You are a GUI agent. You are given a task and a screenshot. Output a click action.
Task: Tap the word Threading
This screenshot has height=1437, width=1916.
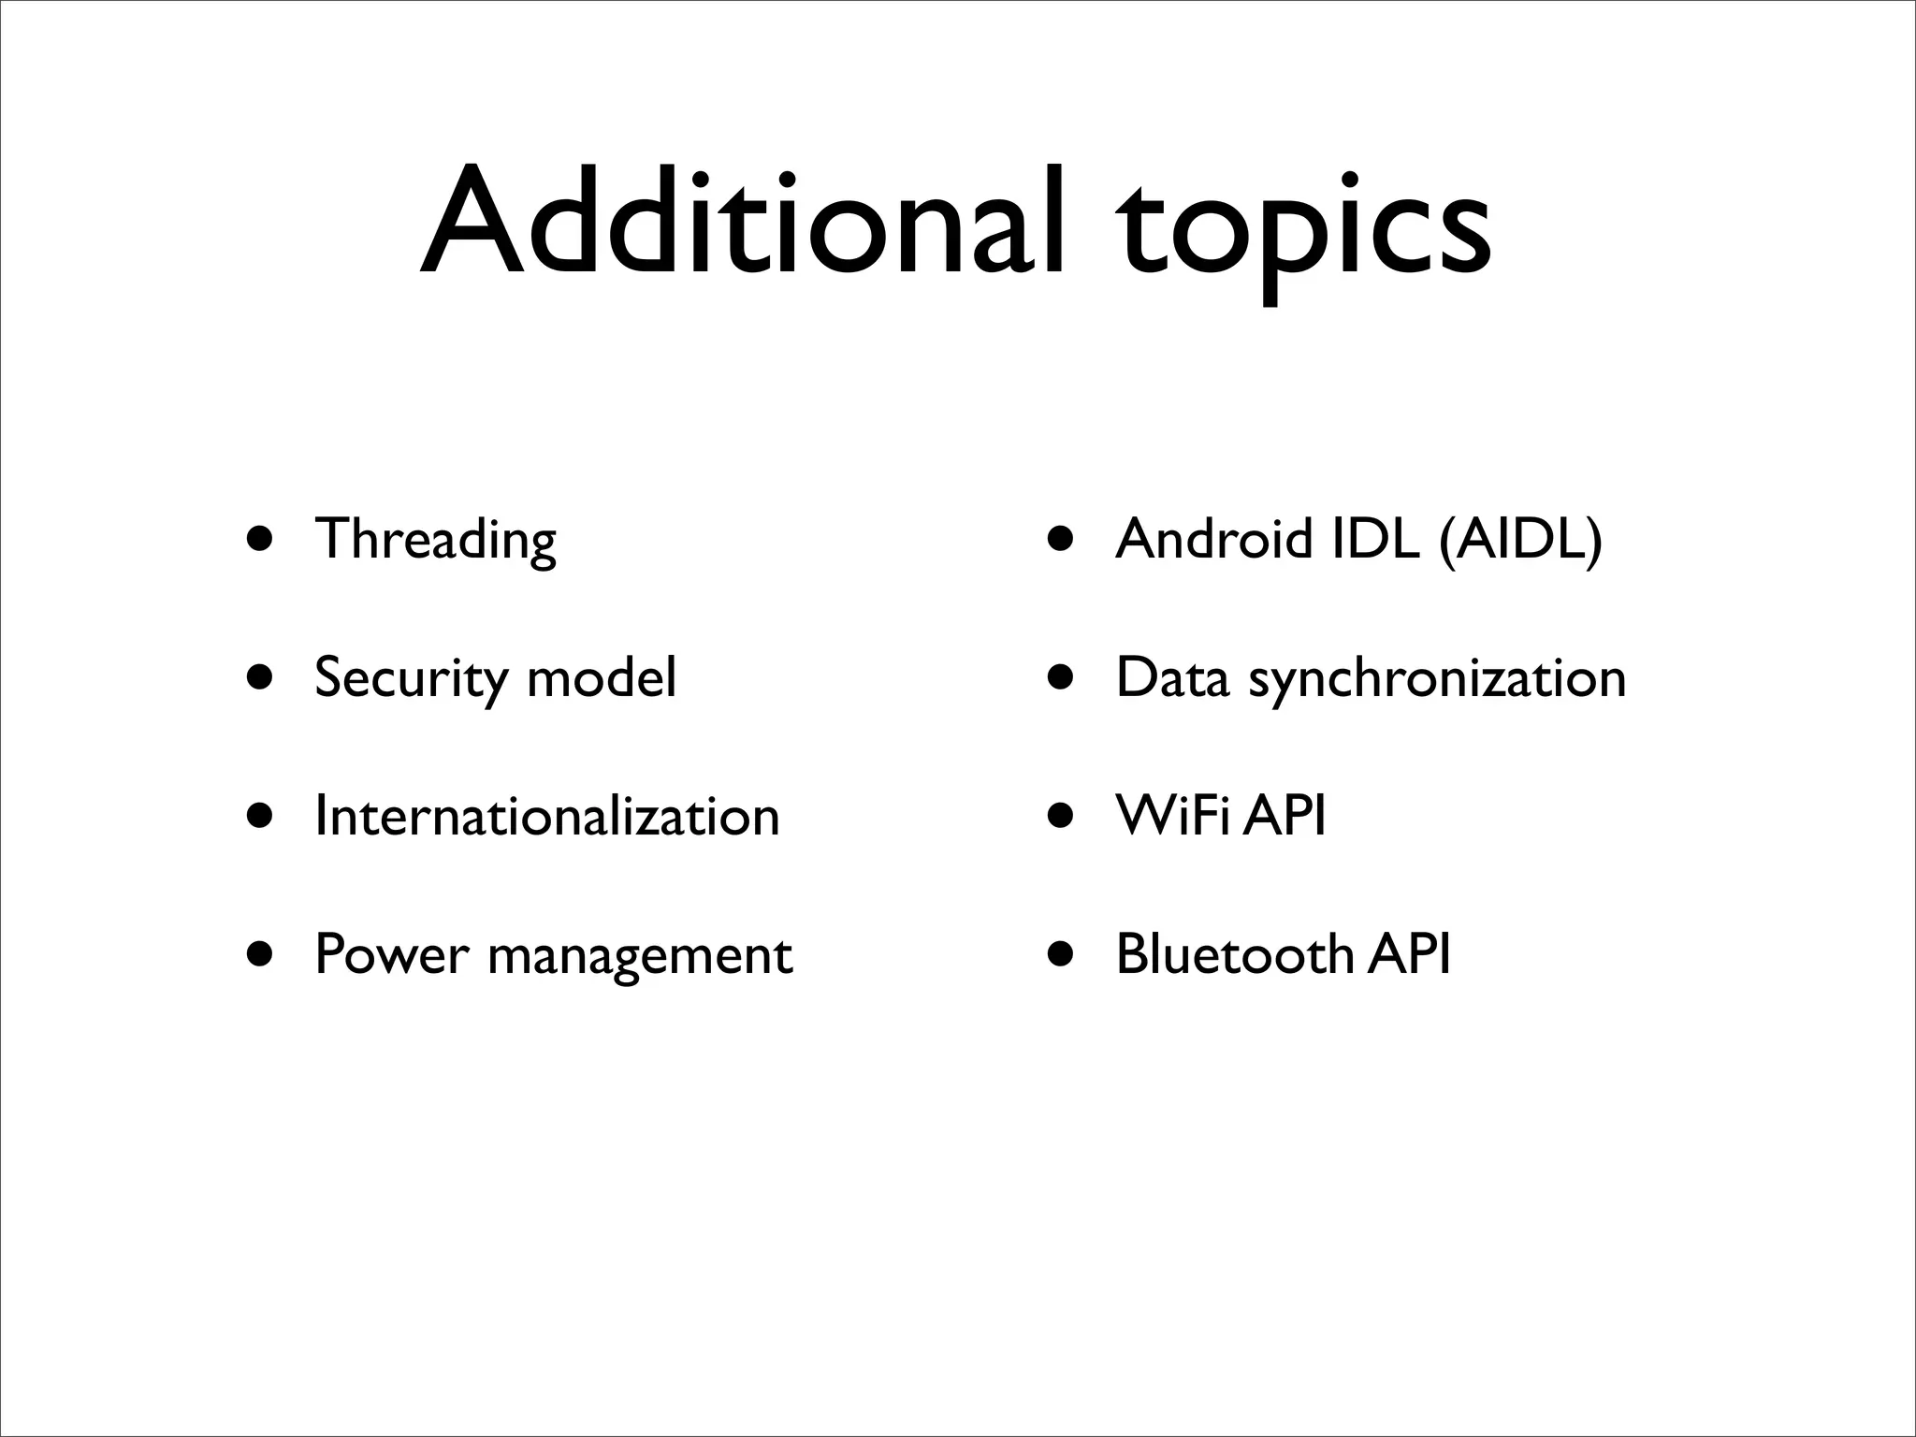pos(436,540)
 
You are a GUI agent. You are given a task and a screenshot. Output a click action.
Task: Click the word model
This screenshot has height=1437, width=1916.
pos(602,677)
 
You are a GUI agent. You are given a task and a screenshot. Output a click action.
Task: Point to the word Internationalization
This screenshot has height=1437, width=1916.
pos(547,816)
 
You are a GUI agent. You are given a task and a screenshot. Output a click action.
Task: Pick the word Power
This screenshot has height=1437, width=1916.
pos(391,955)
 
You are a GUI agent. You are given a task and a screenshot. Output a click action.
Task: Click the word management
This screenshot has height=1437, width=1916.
pos(640,957)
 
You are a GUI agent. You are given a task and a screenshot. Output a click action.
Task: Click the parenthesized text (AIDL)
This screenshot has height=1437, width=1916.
pos(1520,540)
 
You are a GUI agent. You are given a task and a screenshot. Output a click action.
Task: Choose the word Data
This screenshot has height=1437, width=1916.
pos(1172,677)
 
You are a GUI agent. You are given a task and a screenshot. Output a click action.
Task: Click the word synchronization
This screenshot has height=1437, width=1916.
pos(1437,679)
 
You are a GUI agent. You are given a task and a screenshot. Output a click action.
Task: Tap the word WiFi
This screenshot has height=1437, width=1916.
pos(1176,816)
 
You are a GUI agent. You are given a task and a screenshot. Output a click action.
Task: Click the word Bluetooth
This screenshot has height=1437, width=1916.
pos(1234,955)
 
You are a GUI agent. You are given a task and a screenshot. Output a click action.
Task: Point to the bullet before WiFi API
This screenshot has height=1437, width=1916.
pos(1061,816)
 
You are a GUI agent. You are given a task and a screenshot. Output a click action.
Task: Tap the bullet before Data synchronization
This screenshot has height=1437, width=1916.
pos(1061,678)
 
